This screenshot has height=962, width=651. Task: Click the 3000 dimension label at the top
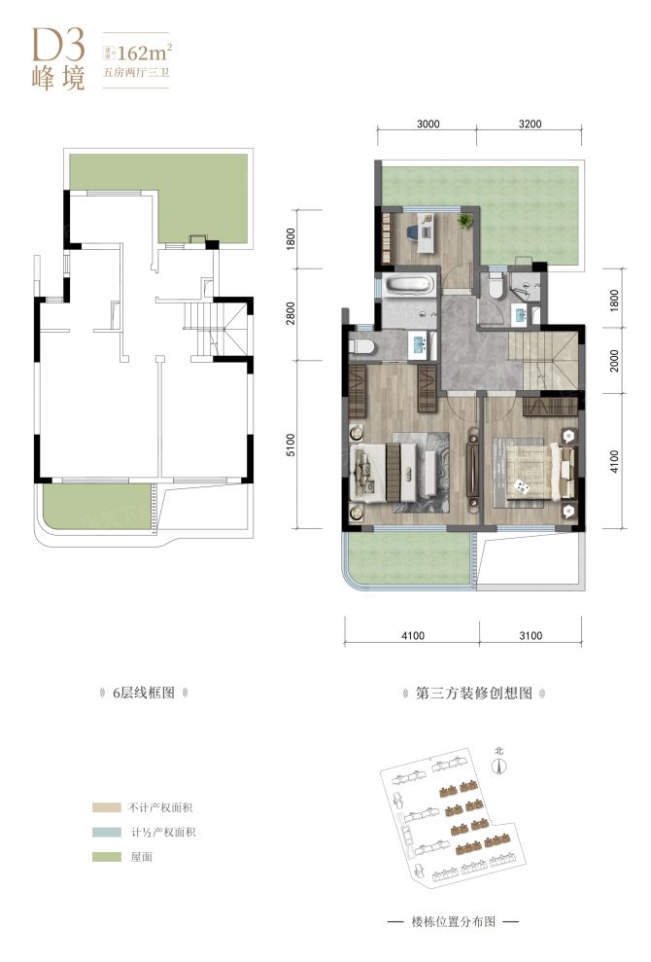click(428, 124)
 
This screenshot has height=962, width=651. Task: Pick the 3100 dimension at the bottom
click(530, 637)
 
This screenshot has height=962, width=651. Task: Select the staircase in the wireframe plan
click(207, 329)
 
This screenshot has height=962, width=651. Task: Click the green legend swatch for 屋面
click(102, 858)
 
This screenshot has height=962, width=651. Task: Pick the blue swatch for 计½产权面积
click(102, 833)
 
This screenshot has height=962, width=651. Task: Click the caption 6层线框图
click(143, 695)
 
